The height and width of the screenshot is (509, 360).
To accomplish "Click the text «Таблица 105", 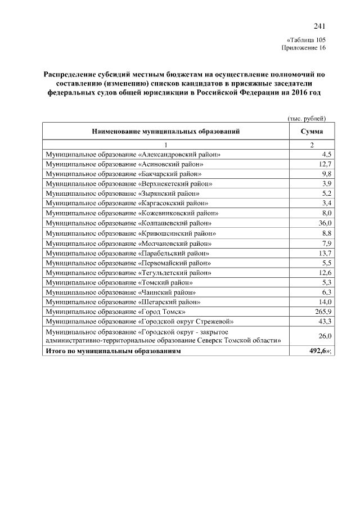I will coord(305,40).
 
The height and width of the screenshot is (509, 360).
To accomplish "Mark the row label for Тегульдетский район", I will coord(129,272).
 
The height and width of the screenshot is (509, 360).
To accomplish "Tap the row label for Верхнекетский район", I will coord(129,183).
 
